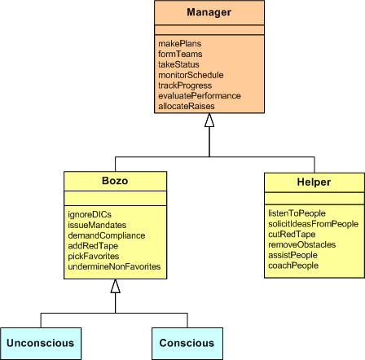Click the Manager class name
(209, 13)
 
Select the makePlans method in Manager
(175, 43)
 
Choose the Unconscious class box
(41, 343)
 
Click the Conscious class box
(187, 343)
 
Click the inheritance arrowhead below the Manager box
(209, 120)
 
